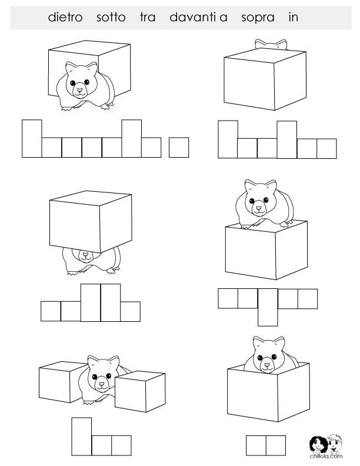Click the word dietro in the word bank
[65, 17]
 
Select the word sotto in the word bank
[111, 17]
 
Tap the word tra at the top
[148, 17]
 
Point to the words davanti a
[198, 17]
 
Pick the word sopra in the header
[258, 18]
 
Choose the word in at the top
[293, 17]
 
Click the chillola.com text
[326, 456]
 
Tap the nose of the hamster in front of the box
[79, 89]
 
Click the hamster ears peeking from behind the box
[271, 44]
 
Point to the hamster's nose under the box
[86, 254]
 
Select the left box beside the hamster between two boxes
[63, 382]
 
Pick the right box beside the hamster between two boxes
[140, 391]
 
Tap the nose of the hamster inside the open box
[268, 364]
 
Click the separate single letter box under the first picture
[179, 148]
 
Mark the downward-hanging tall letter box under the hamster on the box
[268, 307]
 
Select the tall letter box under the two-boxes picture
[81, 437]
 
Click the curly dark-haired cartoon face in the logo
[318, 445]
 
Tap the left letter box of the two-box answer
[256, 445]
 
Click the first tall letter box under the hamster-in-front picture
[32, 138]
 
